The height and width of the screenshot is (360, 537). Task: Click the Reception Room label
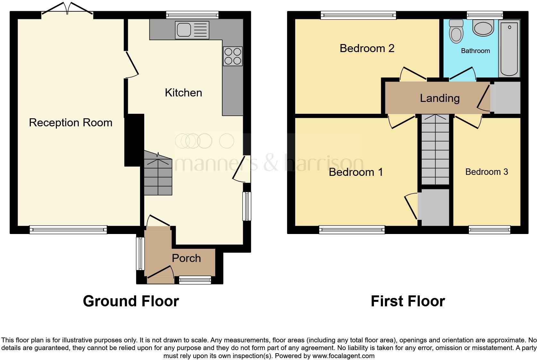click(71, 122)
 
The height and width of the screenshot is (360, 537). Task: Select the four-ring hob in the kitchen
click(233, 56)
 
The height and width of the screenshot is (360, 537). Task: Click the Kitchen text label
click(183, 93)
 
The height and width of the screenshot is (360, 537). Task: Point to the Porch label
click(186, 258)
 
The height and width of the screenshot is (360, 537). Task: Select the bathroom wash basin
click(483, 28)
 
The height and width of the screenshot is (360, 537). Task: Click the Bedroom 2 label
click(367, 48)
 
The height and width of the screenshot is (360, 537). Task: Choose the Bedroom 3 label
click(487, 172)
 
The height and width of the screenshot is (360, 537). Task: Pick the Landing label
click(440, 98)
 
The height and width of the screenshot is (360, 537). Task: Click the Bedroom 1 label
click(356, 172)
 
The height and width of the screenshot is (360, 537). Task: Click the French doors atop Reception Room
click(67, 9)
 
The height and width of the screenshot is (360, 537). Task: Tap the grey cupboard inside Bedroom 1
click(435, 207)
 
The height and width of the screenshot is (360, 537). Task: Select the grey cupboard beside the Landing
click(506, 98)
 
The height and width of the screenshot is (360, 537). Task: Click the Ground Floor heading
click(131, 301)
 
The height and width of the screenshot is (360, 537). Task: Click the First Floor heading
click(408, 301)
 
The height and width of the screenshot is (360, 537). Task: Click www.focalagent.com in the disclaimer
click(343, 356)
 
